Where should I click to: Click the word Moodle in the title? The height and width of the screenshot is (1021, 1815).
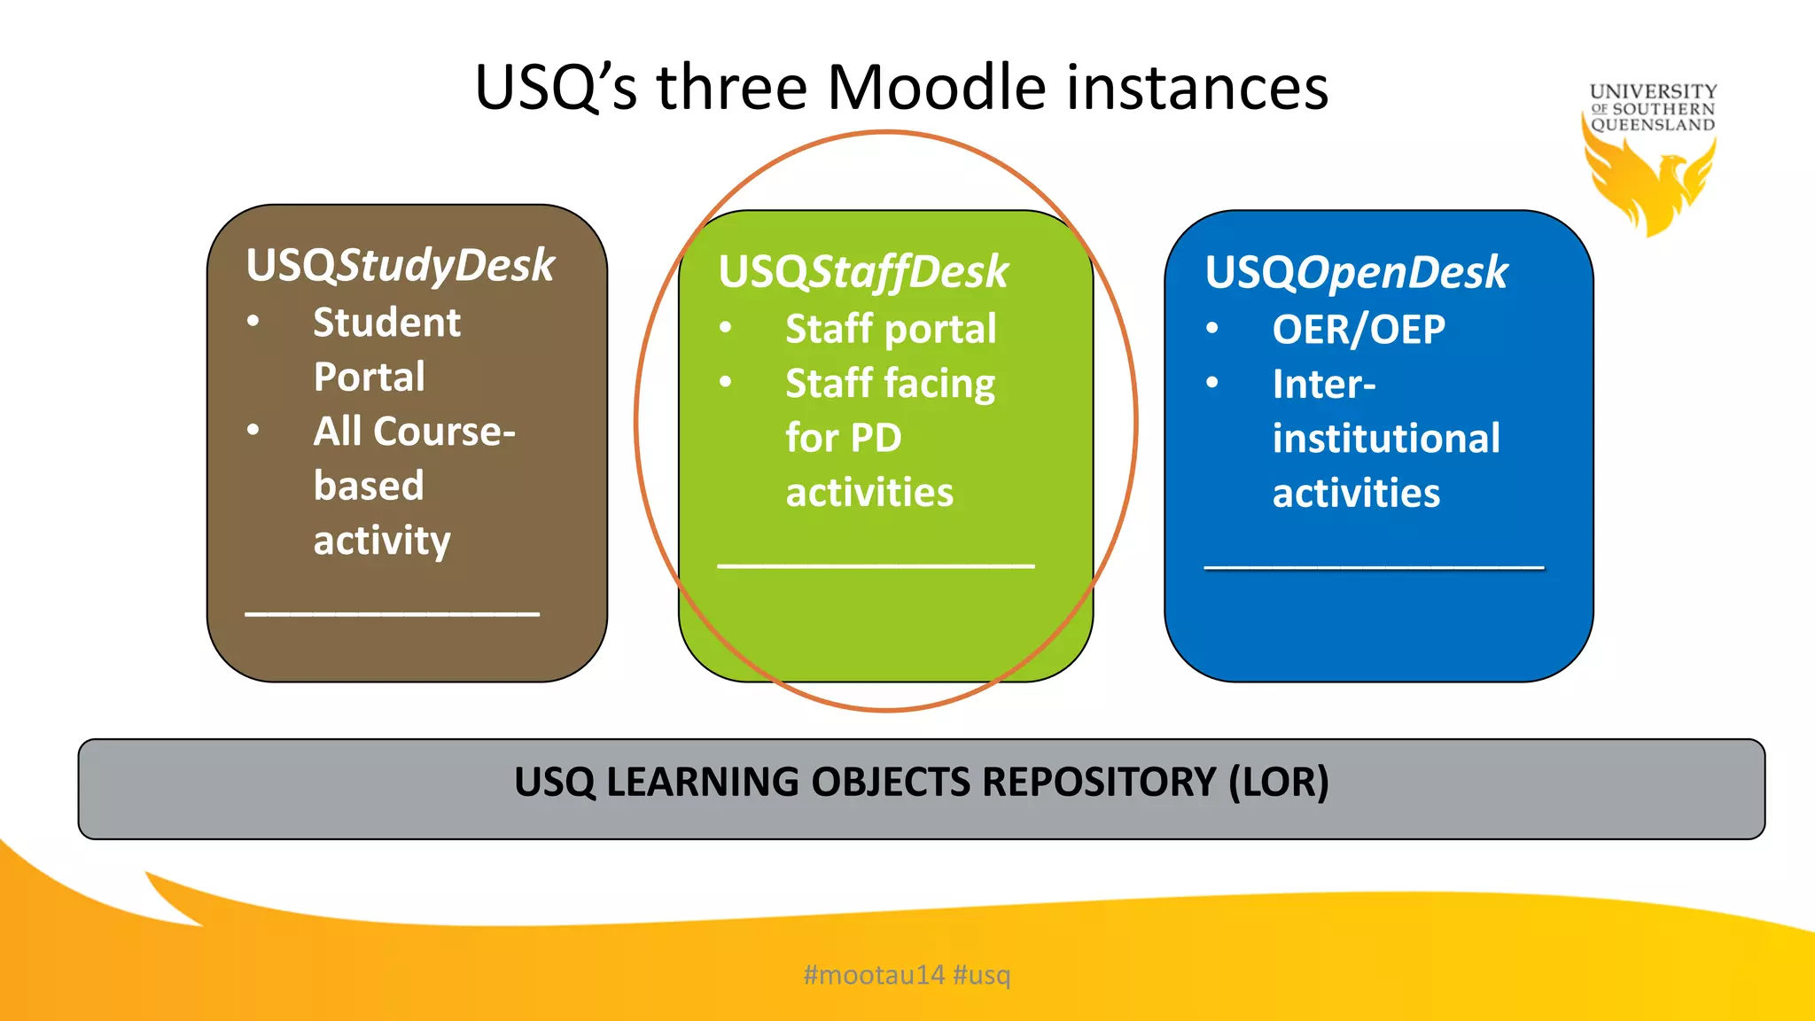[x=937, y=88]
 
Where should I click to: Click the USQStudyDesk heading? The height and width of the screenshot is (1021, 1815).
[x=401, y=265]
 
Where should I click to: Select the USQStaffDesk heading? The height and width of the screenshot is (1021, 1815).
[x=863, y=271]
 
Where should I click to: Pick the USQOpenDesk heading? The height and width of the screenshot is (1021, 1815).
[x=1356, y=272]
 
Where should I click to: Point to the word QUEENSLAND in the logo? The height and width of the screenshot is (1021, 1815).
[x=1653, y=125]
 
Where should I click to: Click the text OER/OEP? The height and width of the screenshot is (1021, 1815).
[x=1359, y=330]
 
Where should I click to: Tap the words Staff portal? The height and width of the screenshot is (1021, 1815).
[x=891, y=329]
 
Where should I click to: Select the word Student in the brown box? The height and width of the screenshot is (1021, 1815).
[x=386, y=323]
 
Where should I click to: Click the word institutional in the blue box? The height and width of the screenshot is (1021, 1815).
[x=1386, y=439]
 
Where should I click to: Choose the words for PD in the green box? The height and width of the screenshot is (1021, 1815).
[x=844, y=438]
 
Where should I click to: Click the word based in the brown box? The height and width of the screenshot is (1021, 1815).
[x=369, y=486]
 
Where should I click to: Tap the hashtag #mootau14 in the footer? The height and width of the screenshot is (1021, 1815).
[x=874, y=975]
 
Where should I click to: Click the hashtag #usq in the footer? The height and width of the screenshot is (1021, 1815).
[x=982, y=975]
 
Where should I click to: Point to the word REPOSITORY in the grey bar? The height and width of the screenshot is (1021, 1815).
[x=1098, y=783]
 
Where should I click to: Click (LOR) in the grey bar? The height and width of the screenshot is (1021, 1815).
[x=1278, y=783]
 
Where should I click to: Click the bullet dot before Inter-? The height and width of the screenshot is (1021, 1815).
[x=1212, y=383]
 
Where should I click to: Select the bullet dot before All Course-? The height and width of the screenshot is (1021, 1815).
[x=253, y=431]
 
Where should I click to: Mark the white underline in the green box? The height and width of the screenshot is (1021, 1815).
[x=876, y=565]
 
